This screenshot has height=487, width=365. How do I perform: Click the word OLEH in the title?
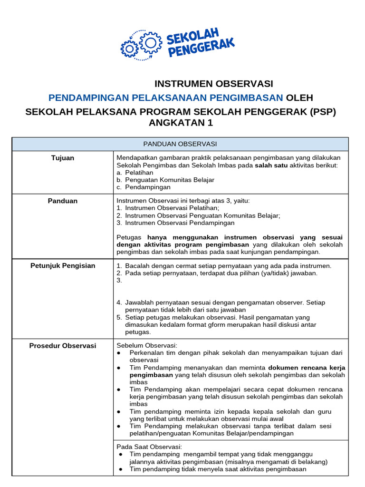click(x=299, y=98)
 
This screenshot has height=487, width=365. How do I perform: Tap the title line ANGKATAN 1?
click(x=181, y=124)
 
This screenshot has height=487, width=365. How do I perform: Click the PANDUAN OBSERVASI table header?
click(x=180, y=144)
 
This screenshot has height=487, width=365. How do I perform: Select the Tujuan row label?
click(x=63, y=158)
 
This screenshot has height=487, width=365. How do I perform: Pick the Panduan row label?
click(x=63, y=201)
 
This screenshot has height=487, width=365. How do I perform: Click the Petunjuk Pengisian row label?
click(x=63, y=265)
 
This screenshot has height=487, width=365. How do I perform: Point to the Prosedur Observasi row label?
click(x=63, y=346)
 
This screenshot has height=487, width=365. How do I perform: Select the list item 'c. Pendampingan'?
click(x=143, y=187)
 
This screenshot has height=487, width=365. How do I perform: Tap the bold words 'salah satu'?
click(x=271, y=165)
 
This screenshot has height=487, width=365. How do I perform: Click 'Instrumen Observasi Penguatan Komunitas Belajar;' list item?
click(x=198, y=215)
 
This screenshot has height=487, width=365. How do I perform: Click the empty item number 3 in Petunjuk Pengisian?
click(x=119, y=280)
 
